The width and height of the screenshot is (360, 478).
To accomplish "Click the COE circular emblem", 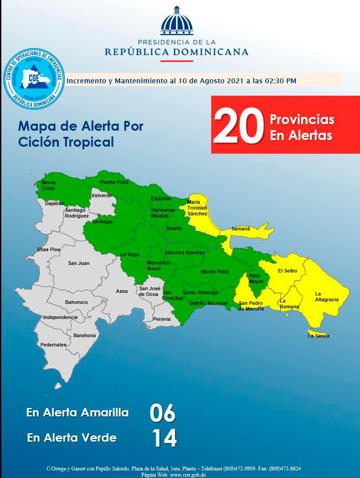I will point(34,78).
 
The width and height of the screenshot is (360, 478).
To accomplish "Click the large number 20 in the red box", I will point(239,126).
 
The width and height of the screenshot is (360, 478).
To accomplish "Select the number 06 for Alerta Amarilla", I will point(163,413).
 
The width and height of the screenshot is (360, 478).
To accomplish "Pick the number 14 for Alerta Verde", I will point(164,438).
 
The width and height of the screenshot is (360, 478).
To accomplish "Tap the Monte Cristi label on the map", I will point(49,185).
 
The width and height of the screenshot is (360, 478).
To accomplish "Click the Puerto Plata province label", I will point(114,182).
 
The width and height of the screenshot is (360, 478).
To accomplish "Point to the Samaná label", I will point(241,229).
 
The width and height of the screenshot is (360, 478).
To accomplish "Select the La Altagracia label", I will point(327,296).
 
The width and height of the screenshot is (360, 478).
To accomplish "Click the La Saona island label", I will point(318,336).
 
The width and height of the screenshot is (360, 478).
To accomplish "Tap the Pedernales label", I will point(53,345).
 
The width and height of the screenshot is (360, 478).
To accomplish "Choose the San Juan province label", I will point(79,263).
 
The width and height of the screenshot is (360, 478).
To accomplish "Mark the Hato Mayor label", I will point(256,278).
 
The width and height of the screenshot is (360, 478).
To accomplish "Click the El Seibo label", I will point(287,271).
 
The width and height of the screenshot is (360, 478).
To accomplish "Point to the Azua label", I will point(122,291).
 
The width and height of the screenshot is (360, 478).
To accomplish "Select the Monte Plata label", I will point(215,272).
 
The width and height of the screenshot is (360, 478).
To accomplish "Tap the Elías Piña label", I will point(49,249).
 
